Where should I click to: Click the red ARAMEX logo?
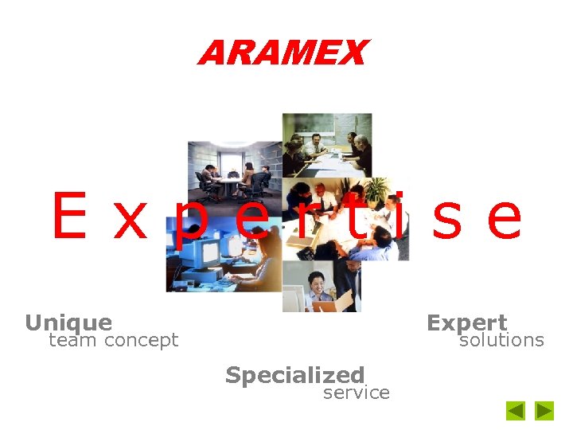point(283,53)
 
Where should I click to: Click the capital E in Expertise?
point(69,217)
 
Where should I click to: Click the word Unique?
point(68,322)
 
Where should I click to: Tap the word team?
point(72,341)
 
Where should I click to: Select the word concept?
point(141,342)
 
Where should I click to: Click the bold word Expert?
point(466,322)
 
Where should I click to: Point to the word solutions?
point(501,341)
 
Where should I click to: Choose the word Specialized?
point(294,375)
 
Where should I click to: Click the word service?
point(356,393)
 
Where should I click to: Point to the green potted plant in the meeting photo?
point(376,191)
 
